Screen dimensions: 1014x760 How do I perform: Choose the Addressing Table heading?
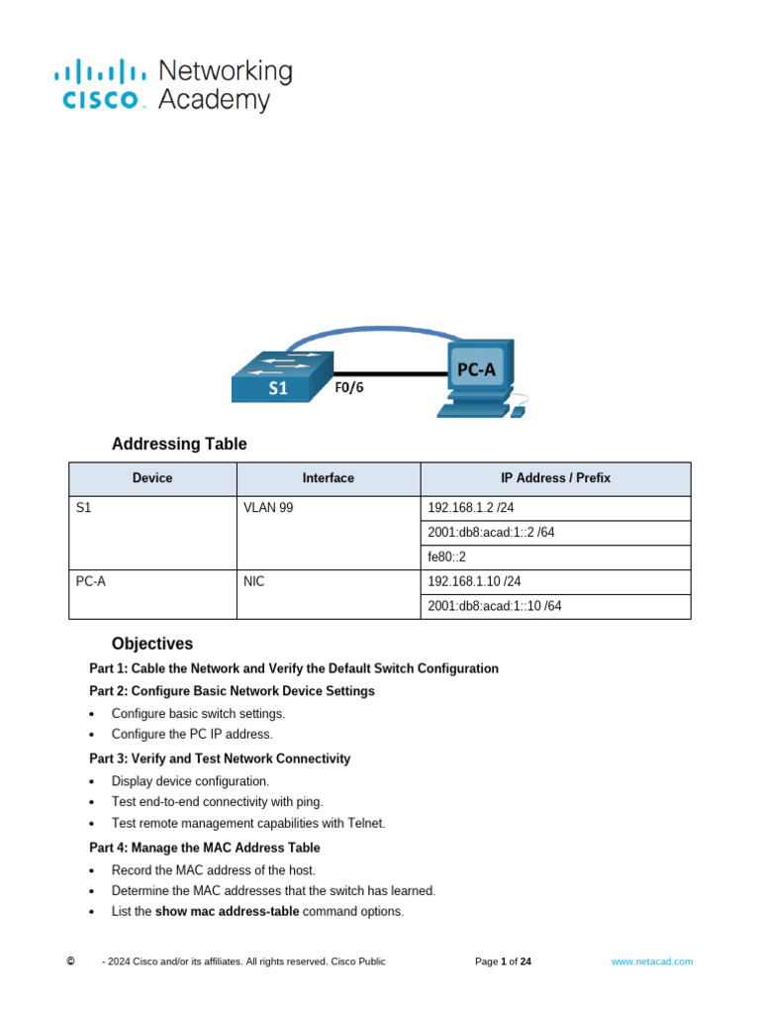[x=179, y=444]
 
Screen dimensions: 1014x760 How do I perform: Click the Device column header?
[x=152, y=478]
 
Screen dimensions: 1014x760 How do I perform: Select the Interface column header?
[x=328, y=478]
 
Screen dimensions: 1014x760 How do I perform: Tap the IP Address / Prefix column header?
[x=555, y=478]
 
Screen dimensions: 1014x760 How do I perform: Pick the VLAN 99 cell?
[x=268, y=508]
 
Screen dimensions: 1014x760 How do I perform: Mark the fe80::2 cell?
[x=446, y=558]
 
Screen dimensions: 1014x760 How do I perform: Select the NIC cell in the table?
[x=254, y=582]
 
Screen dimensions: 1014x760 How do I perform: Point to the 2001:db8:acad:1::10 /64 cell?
[x=495, y=606]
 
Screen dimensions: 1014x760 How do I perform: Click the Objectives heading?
[x=152, y=644]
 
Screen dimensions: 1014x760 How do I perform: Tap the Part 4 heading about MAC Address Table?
[x=205, y=848]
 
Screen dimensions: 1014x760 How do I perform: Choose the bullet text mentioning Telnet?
[x=248, y=823]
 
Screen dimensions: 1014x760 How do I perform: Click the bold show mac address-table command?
[x=228, y=911]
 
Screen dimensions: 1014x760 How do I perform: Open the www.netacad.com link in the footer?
[x=652, y=962]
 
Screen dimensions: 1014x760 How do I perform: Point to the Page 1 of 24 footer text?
[x=504, y=962]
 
